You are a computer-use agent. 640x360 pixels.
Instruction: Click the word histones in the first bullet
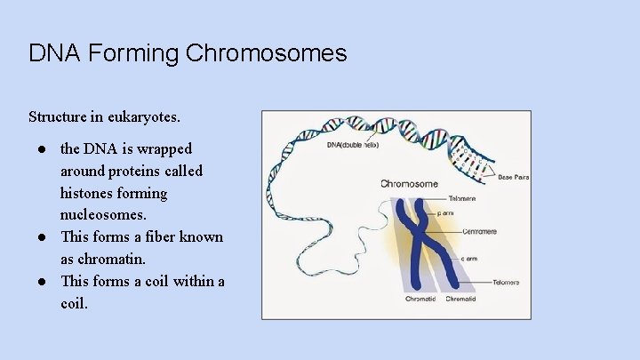(x=100, y=193)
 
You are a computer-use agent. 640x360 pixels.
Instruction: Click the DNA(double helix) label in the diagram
(x=353, y=144)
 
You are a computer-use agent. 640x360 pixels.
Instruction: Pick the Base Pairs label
(x=513, y=177)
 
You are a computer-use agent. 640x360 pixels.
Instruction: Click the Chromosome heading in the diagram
(x=409, y=184)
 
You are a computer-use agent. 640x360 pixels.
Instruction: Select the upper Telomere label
(x=462, y=198)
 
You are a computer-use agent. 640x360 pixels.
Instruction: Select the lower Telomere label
(x=506, y=282)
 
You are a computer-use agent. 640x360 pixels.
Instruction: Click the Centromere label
(x=479, y=232)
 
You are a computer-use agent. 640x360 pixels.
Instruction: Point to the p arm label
(x=445, y=214)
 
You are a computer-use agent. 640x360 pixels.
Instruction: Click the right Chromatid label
(x=460, y=300)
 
